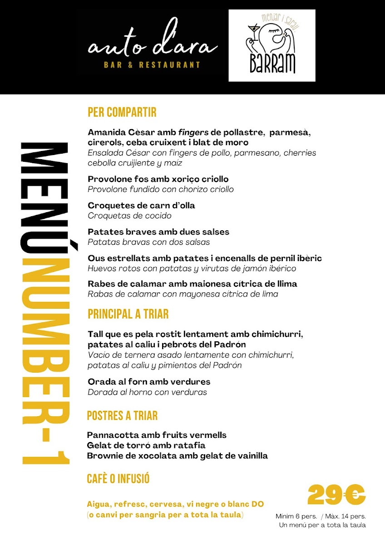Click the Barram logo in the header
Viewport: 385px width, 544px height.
click(271, 45)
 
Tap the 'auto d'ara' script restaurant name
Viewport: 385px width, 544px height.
click(153, 47)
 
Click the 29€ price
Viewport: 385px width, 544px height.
click(336, 495)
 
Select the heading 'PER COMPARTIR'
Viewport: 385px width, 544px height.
click(122, 112)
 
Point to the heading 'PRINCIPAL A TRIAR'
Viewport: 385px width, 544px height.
click(128, 314)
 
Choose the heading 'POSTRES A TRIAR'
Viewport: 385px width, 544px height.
click(122, 415)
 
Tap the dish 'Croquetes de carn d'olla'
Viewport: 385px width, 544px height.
click(141, 205)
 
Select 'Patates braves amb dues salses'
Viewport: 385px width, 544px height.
click(158, 232)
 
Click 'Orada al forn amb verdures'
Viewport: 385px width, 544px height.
click(149, 382)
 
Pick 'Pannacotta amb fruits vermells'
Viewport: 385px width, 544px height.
click(157, 435)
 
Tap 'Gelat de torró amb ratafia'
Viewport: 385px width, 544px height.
click(146, 445)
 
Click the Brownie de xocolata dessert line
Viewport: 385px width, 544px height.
click(177, 456)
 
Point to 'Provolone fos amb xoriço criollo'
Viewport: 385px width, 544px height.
click(158, 179)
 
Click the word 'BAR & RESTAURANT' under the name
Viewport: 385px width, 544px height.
click(152, 65)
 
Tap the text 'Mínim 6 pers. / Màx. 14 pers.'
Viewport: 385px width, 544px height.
click(321, 516)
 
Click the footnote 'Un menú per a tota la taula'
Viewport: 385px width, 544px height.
click(322, 525)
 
